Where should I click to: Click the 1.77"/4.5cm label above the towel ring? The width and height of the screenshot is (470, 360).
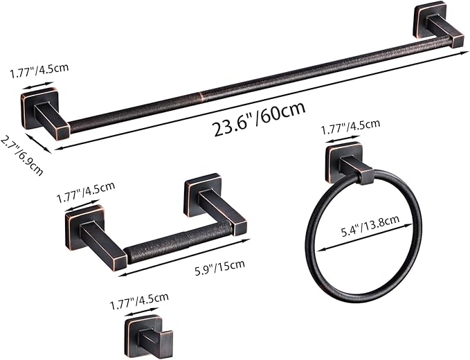(351, 125)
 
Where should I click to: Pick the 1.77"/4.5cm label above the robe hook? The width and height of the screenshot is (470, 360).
(139, 298)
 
